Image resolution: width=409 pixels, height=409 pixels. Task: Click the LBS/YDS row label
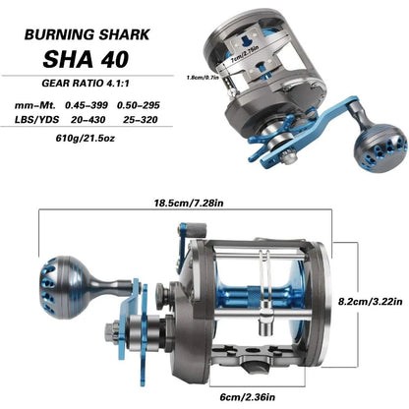35,127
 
